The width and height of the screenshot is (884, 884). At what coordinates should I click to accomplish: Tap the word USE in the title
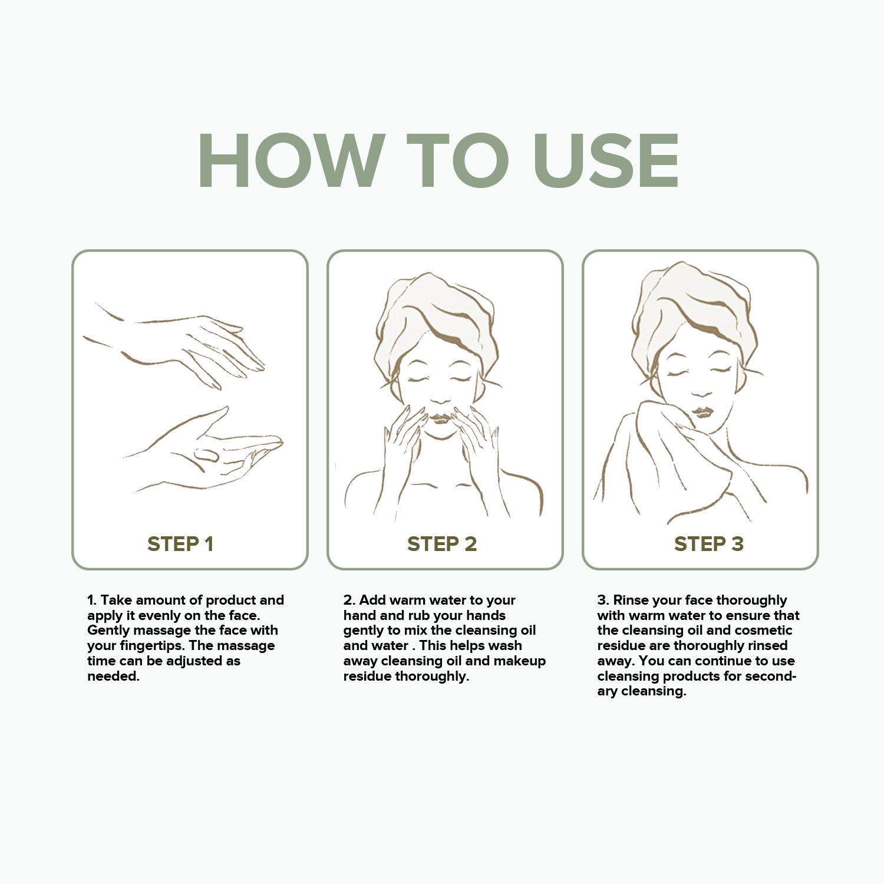pyautogui.click(x=606, y=161)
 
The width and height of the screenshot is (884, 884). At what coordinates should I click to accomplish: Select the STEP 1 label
pyautogui.click(x=180, y=544)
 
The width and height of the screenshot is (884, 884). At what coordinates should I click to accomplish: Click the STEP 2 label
pyautogui.click(x=442, y=544)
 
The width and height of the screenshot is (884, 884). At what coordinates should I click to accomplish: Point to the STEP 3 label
pyautogui.click(x=709, y=544)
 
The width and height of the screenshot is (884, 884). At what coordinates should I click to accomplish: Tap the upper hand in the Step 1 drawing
pyautogui.click(x=177, y=345)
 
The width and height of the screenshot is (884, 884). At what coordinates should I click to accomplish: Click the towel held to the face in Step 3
pyautogui.click(x=666, y=466)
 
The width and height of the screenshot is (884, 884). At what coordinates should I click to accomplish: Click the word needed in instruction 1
pyautogui.click(x=113, y=676)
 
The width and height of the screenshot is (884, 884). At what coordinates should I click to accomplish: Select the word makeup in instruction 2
pyautogui.click(x=519, y=661)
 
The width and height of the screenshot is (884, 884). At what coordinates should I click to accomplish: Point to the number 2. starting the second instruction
pyautogui.click(x=349, y=600)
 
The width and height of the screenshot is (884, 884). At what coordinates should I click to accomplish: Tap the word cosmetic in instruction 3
pyautogui.click(x=763, y=631)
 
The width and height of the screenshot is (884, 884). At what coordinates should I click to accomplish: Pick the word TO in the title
pyautogui.click(x=458, y=161)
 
